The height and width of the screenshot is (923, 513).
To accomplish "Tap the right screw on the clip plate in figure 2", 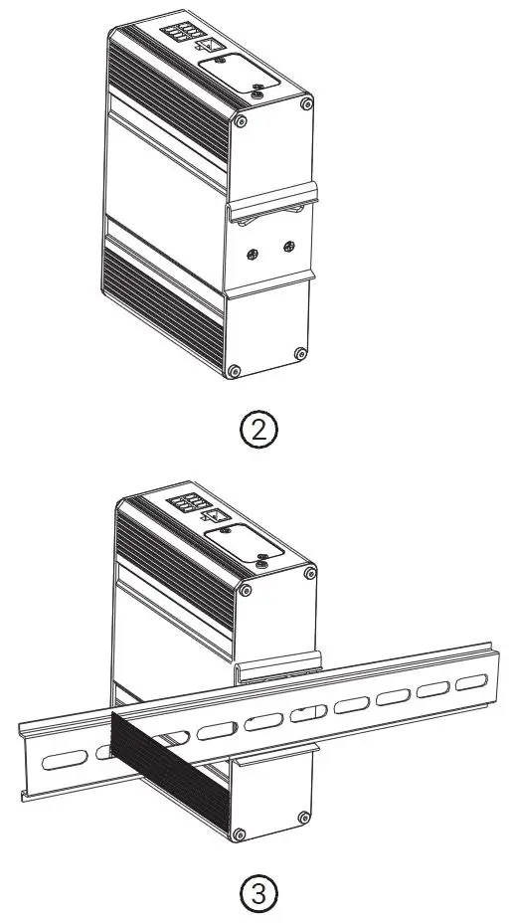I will (x=288, y=247).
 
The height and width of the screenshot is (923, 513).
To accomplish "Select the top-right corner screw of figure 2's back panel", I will (x=307, y=103).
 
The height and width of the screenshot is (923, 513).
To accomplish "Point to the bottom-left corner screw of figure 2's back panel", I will (x=234, y=371).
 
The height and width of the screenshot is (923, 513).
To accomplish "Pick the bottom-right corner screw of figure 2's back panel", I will (x=300, y=352).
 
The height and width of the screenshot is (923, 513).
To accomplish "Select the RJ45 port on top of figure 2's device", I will (x=214, y=45).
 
